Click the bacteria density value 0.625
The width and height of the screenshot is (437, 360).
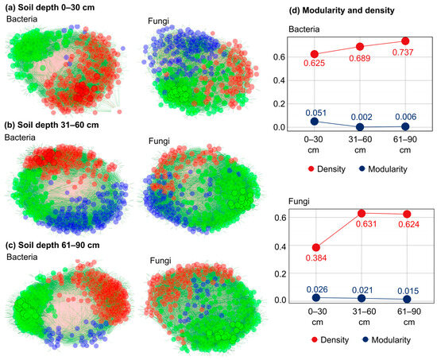pyautogui.click(x=314, y=63)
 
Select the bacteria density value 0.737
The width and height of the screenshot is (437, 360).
pyautogui.click(x=403, y=52)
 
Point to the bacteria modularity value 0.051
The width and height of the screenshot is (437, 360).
pyautogui.click(x=315, y=113)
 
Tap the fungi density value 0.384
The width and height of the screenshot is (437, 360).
pyautogui.click(x=316, y=258)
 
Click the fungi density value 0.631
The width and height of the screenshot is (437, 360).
pyautogui.click(x=366, y=223)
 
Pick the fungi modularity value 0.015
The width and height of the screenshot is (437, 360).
pyautogui.click(x=408, y=291)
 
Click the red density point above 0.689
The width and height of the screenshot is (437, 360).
pyautogui.click(x=360, y=47)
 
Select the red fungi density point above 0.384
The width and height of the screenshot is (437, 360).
pyautogui.click(x=315, y=247)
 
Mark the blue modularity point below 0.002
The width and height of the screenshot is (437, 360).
pyautogui.click(x=360, y=127)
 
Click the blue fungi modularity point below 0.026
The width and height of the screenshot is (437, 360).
pyautogui.click(x=316, y=297)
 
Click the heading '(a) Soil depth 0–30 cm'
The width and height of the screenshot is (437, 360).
pyautogui.click(x=49, y=7)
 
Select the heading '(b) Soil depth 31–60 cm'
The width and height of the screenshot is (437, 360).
pyautogui.click(x=52, y=125)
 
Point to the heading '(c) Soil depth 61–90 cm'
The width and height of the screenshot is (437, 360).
pyautogui.click(x=52, y=245)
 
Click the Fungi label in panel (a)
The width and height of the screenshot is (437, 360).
pyautogui.click(x=158, y=21)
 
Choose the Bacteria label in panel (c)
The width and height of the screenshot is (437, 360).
pyautogui.click(x=22, y=257)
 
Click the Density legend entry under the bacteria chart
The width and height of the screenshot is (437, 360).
pyautogui.click(x=327, y=169)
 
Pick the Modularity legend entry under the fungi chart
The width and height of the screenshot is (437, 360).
pyautogui.click(x=387, y=340)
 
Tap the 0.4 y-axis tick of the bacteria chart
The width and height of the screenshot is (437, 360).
pyautogui.click(x=279, y=80)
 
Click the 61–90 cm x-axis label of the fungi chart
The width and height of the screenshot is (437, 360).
pyautogui.click(x=409, y=317)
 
